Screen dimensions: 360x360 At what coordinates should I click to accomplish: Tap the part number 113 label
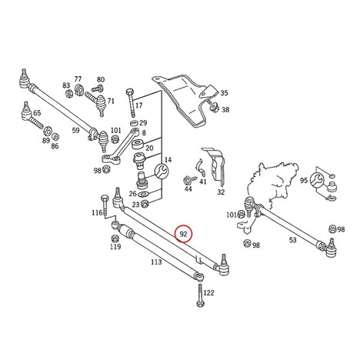pyautogui.click(x=156, y=262)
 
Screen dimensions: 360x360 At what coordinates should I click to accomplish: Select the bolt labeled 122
pyautogui.click(x=200, y=295)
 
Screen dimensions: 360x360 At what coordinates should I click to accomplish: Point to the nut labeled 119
pyautogui.click(x=115, y=238)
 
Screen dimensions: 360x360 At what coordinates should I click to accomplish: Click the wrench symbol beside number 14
pyautogui.click(x=161, y=171)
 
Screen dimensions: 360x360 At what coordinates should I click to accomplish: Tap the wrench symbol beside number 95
pyautogui.click(x=316, y=180)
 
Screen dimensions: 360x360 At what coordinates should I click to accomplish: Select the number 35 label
pyautogui.click(x=224, y=93)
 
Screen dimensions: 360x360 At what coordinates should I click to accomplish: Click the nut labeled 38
pyautogui.click(x=213, y=107)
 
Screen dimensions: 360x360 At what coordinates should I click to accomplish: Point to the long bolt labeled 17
pyautogui.click(x=131, y=102)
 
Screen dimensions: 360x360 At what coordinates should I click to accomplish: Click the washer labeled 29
pyautogui.click(x=135, y=123)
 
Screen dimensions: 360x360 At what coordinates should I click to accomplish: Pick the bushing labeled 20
pyautogui.click(x=138, y=145)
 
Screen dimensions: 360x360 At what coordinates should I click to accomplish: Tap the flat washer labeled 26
pyautogui.click(x=142, y=193)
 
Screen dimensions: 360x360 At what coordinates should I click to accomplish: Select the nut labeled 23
pyautogui.click(x=145, y=204)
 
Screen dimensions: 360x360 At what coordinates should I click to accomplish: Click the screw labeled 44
pyautogui.click(x=189, y=179)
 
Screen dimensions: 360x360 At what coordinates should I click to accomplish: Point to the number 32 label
pyautogui.click(x=221, y=192)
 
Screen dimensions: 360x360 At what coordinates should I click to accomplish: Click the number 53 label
pyautogui.click(x=292, y=240)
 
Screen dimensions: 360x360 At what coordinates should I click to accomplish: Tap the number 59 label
pyautogui.click(x=75, y=130)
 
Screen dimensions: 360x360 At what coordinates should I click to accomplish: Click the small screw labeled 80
pyautogui.click(x=97, y=88)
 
